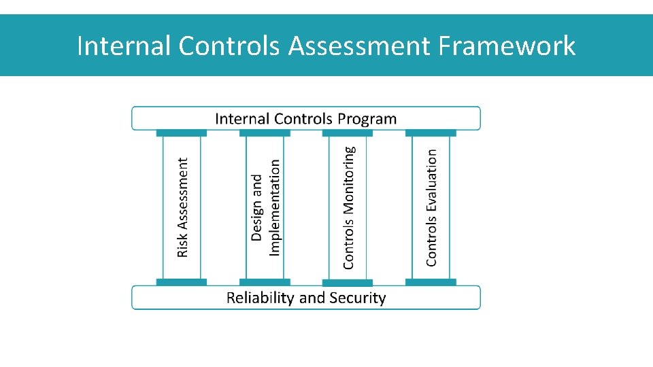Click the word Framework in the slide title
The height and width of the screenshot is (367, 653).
(507, 46)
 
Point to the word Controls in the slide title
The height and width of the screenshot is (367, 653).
(229, 46)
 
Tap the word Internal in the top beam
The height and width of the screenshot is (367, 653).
(242, 119)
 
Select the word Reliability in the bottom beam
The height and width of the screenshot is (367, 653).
(260, 298)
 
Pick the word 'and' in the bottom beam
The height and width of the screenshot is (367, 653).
(312, 298)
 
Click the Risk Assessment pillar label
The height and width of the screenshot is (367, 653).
(182, 207)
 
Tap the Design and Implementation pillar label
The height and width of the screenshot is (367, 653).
(265, 207)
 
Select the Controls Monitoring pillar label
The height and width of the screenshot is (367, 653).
(348, 207)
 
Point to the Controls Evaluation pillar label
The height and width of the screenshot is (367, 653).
(431, 207)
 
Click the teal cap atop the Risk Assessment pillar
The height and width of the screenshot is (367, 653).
(182, 133)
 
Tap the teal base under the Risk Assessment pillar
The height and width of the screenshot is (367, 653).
(182, 282)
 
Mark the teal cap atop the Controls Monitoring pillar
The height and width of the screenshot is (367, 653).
(348, 133)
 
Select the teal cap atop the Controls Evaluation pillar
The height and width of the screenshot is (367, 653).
(431, 133)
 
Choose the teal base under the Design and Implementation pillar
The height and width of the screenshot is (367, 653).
(265, 282)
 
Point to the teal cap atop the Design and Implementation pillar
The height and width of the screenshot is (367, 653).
(265, 133)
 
